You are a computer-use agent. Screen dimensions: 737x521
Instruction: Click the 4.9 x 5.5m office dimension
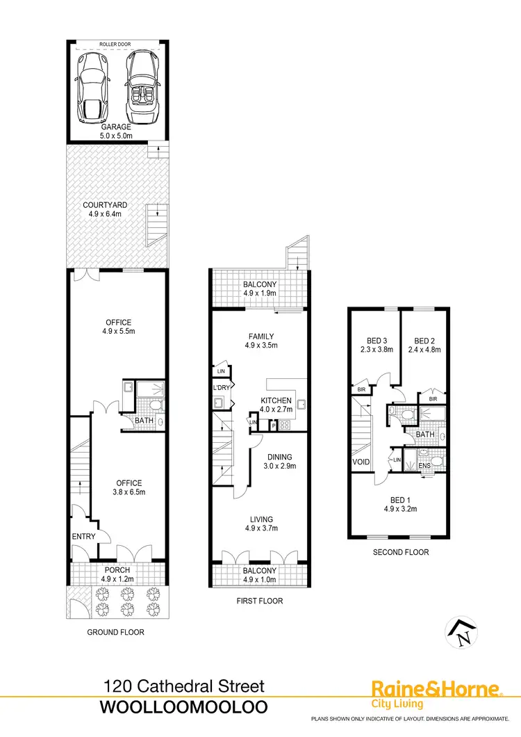click(117, 332)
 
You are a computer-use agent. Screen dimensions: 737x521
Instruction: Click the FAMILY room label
click(260, 336)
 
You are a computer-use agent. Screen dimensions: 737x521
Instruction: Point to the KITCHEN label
click(276, 400)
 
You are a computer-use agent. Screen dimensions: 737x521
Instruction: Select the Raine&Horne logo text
click(436, 689)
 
